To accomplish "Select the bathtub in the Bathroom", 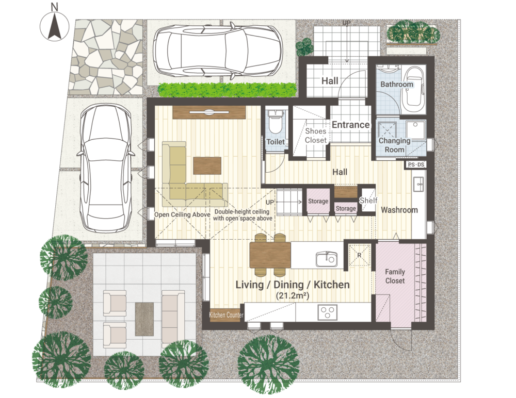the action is pos(413,90).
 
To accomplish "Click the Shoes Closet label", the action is pos(316,136).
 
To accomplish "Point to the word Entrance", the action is pos(350,125).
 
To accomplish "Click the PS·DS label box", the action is pos(415,164).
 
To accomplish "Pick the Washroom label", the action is pos(399,210).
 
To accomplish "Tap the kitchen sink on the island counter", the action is pos(326,259).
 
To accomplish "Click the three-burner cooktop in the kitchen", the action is pos(328,312).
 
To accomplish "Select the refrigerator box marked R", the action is pos(359,255).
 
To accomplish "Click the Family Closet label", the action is pos(395,276).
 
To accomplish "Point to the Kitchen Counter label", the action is pos(226,315).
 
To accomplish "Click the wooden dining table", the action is pos(270,255).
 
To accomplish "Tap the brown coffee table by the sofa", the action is pos(207,165).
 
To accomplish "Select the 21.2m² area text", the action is pos(293,295).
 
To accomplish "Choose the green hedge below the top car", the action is pos(228,90).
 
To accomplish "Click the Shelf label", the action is pos(368,201).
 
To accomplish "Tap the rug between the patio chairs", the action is pos(144,319).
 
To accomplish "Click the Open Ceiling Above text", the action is pos(182,214).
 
